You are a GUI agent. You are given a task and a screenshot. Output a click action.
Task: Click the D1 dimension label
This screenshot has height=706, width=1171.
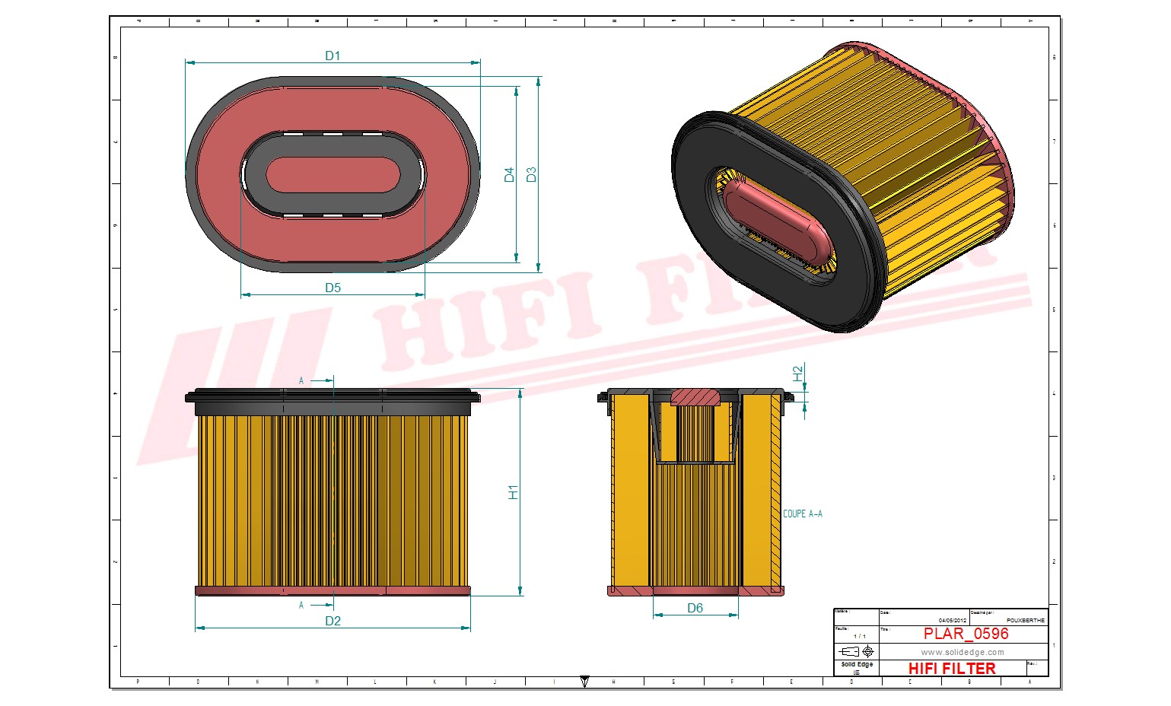[333, 56]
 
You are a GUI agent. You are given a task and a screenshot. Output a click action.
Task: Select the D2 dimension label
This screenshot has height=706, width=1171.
[333, 621]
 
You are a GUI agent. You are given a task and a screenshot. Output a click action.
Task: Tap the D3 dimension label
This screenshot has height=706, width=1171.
[531, 174]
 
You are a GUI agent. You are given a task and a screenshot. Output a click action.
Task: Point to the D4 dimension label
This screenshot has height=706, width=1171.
[509, 174]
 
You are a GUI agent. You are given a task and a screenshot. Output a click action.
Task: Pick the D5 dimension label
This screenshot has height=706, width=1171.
[333, 288]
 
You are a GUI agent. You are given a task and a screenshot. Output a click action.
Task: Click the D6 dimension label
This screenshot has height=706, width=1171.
[695, 608]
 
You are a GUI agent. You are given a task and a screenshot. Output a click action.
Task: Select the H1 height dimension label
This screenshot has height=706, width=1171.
[513, 491]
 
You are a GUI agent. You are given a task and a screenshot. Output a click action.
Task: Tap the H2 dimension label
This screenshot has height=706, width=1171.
[797, 374]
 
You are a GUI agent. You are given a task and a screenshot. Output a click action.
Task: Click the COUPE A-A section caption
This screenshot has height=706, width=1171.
[802, 514]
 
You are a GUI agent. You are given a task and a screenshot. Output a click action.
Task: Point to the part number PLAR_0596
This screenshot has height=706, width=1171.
[966, 634]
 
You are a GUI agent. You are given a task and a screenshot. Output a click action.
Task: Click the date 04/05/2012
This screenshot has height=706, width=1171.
[952, 621]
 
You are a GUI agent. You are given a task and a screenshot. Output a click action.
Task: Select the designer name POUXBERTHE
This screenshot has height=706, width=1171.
[1025, 621]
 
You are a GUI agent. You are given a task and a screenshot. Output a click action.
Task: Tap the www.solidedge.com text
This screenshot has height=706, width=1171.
[962, 652]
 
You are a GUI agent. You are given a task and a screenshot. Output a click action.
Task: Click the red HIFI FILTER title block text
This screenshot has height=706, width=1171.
[951, 669]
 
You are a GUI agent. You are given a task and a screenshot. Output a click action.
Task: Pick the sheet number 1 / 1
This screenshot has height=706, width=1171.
[859, 636]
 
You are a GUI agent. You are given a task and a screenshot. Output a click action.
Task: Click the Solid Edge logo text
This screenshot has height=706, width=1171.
[857, 665]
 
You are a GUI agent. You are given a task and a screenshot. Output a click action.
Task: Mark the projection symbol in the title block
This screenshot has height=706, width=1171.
[856, 652]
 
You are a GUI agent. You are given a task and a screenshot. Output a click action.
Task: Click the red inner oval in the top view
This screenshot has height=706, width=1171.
[333, 175]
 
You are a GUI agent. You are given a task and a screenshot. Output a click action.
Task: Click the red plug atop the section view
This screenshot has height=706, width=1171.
[695, 396]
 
